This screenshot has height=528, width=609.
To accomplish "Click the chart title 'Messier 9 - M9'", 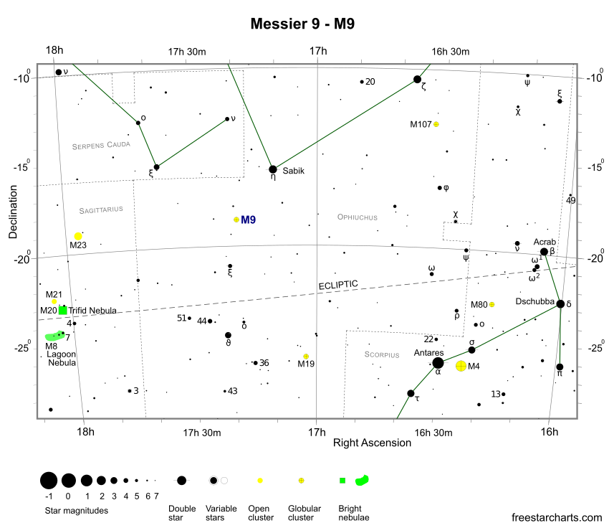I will (303, 24).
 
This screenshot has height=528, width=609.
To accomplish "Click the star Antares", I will (438, 362).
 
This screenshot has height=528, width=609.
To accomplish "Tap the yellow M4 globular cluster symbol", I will (461, 366).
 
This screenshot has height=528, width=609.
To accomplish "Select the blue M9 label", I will (248, 220).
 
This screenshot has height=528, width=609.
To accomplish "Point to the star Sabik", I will (273, 169).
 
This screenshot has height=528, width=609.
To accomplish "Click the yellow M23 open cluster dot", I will (78, 236).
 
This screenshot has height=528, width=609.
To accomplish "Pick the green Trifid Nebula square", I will (63, 311).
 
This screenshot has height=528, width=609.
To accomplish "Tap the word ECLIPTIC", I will (338, 285).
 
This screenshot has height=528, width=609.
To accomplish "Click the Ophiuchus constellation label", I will (358, 217).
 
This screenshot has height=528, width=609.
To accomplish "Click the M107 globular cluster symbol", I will (436, 124).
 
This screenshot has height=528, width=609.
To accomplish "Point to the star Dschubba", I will (560, 303).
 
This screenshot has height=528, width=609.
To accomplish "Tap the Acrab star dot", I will (545, 251).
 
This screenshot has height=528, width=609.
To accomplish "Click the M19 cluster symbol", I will (306, 356).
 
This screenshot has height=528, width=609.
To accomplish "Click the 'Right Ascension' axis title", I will (372, 443).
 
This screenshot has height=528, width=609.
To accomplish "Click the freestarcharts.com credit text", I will (557, 517).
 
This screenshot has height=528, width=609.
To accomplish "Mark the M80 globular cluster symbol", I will (491, 304).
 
